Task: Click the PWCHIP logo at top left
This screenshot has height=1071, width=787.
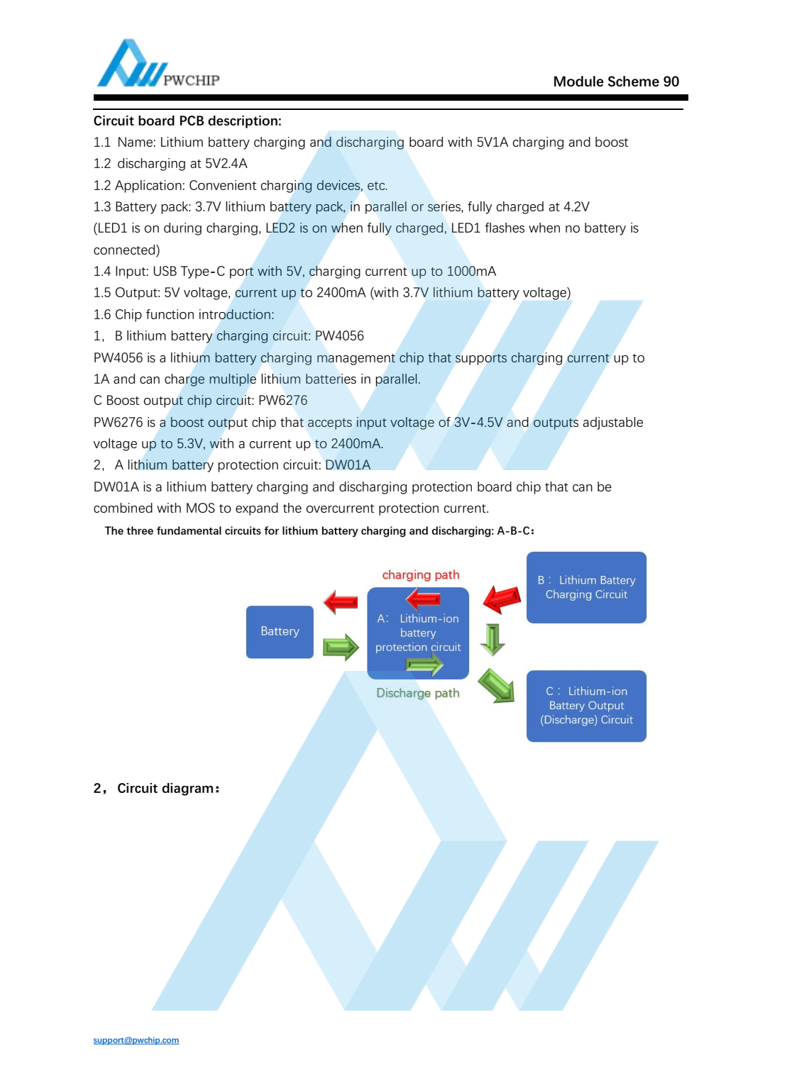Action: tap(158, 65)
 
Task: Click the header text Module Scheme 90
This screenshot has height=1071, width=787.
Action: tap(615, 82)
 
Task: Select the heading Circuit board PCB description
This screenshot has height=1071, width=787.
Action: tap(187, 121)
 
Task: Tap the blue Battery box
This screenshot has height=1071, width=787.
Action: tap(280, 631)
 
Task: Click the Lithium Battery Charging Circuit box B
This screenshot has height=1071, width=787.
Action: tap(586, 587)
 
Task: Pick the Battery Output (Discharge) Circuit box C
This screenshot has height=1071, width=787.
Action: tap(586, 706)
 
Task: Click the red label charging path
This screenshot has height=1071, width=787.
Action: tap(421, 575)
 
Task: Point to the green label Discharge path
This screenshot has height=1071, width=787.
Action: tap(417, 693)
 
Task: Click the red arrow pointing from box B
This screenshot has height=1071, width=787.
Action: tap(502, 599)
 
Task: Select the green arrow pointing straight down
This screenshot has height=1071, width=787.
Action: tap(492, 639)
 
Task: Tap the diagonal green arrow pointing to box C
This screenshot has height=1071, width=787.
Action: tap(496, 686)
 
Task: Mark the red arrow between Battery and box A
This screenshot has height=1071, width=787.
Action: tap(341, 602)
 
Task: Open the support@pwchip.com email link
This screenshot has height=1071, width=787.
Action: tap(136, 1041)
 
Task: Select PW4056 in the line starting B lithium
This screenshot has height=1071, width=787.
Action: tap(339, 335)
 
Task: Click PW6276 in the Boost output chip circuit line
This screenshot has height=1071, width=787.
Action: tap(283, 400)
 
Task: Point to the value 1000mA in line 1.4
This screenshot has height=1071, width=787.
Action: tap(471, 271)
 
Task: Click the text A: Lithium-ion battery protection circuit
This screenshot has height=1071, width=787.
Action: tap(418, 633)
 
